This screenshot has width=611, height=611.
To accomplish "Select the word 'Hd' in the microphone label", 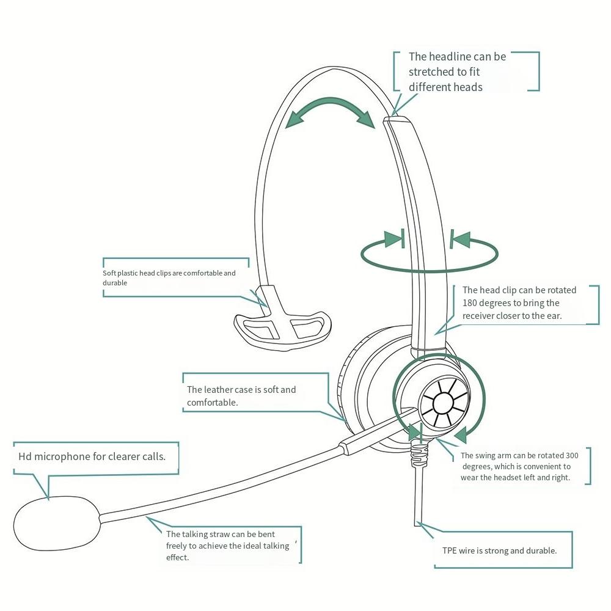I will [25, 456].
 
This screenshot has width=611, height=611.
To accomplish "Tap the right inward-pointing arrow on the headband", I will [460, 239].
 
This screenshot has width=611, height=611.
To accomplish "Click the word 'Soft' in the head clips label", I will [109, 273].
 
